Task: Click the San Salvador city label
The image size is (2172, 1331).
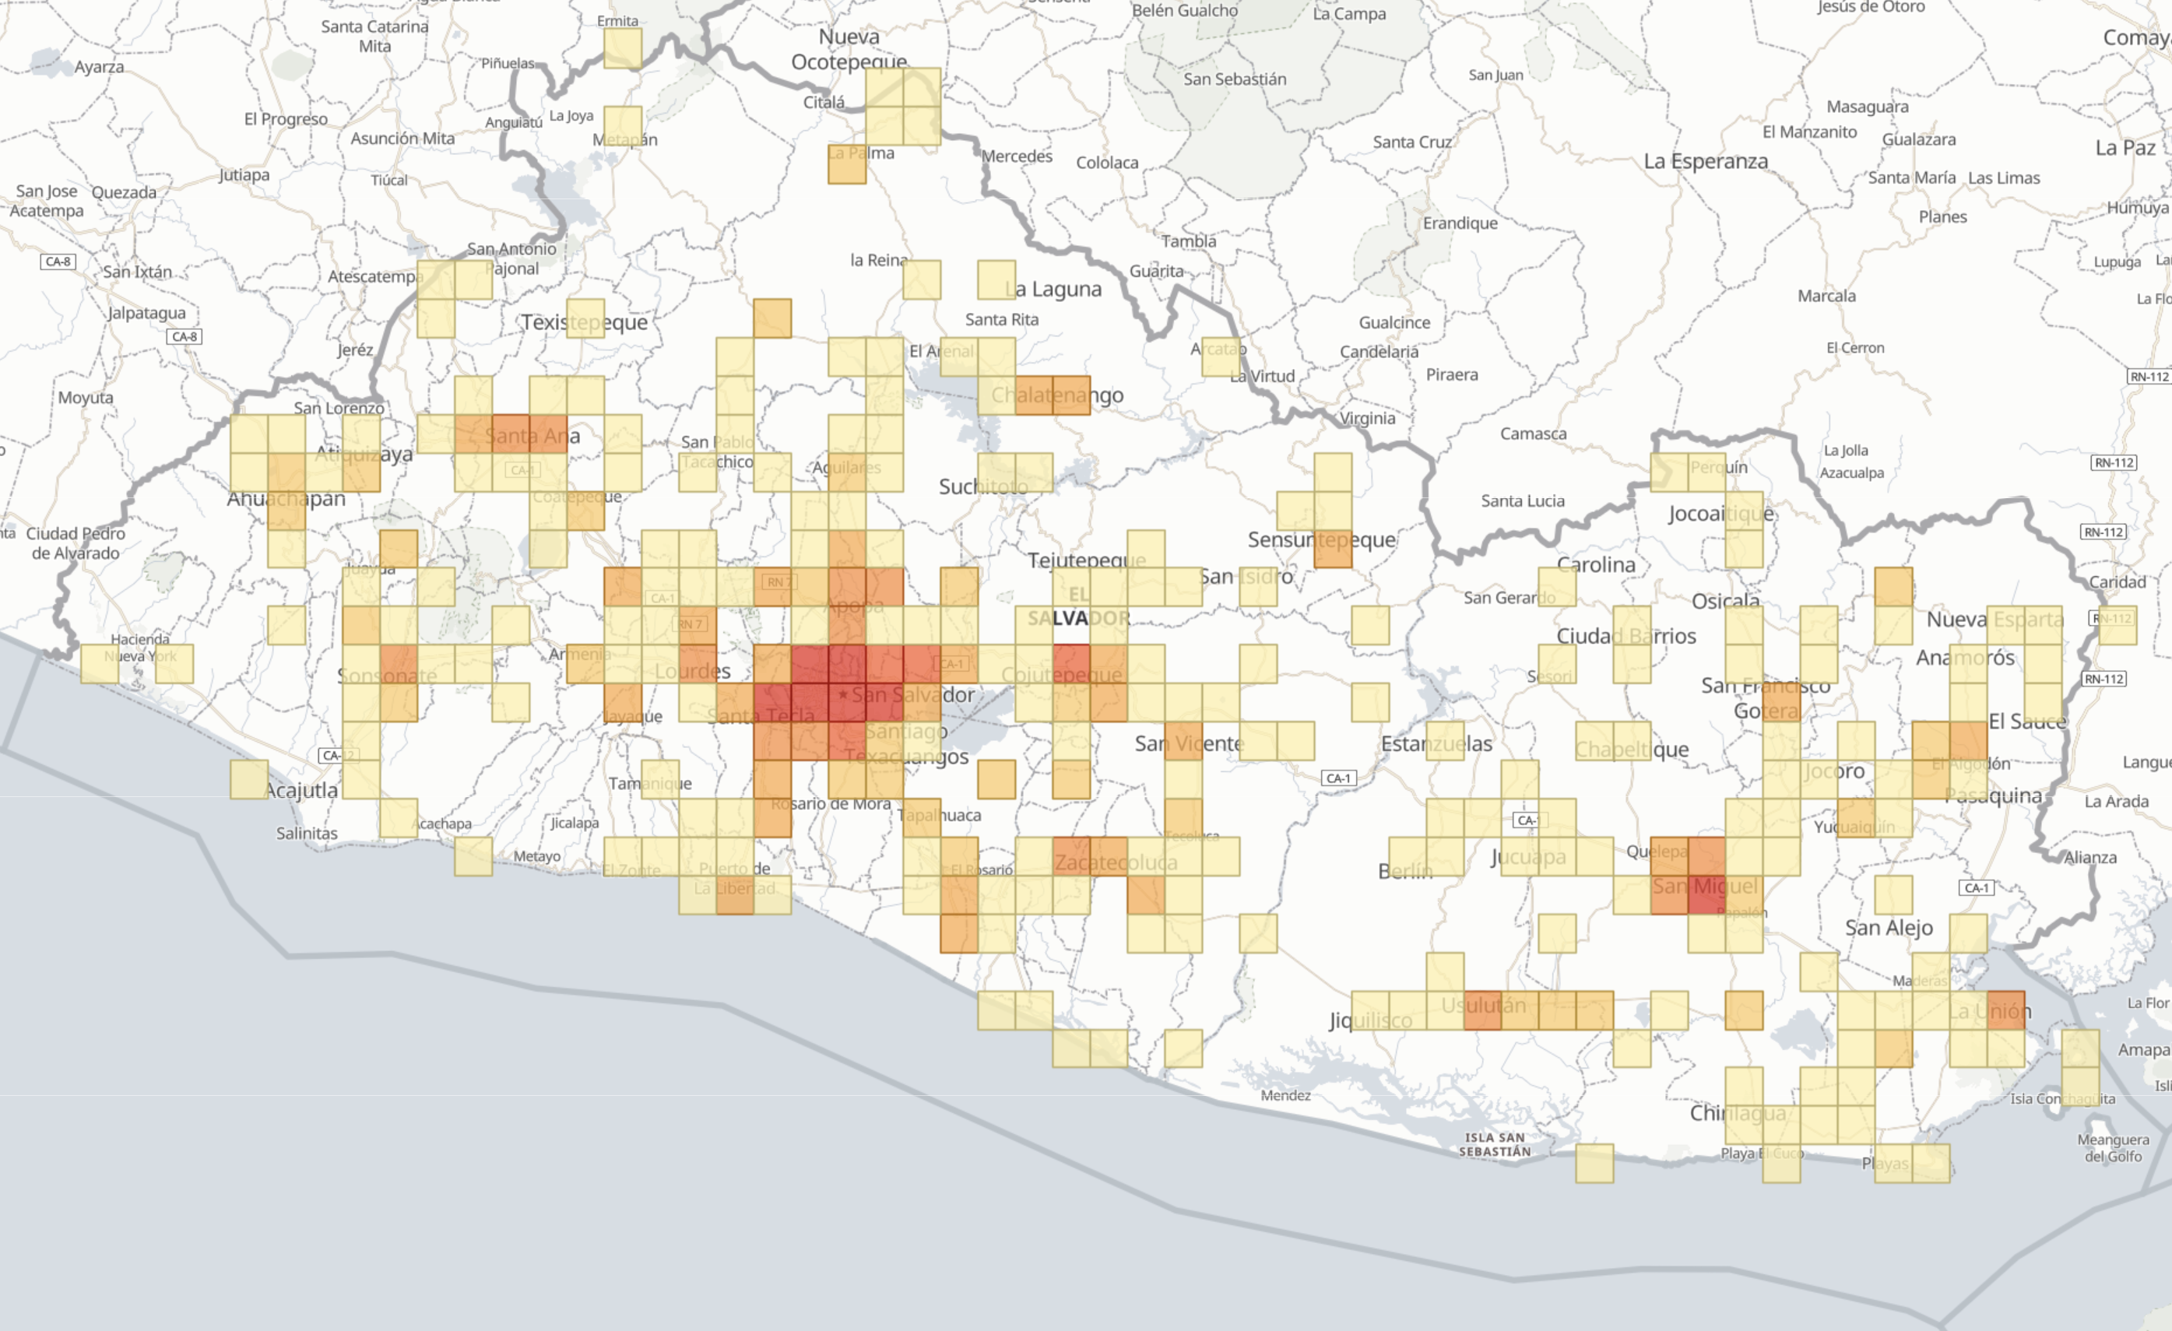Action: tap(912, 694)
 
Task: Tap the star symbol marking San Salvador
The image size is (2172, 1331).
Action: tap(842, 694)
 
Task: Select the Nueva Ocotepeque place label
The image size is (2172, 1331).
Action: tap(849, 49)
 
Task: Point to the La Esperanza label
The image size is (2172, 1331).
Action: tap(1706, 161)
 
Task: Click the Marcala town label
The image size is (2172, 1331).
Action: tap(1826, 297)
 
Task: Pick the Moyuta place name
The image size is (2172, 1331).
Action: tap(86, 398)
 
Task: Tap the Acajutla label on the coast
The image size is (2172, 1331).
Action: tap(301, 791)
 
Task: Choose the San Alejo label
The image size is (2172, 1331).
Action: tap(1889, 927)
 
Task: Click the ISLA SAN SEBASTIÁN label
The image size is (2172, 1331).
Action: tap(1494, 1144)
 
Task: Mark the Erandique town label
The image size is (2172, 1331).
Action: tap(1460, 223)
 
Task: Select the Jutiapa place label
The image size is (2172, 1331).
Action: tap(244, 174)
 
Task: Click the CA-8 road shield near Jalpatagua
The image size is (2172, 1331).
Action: tap(185, 337)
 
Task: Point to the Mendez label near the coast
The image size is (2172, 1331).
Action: tap(1285, 1096)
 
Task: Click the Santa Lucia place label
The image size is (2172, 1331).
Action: tap(1522, 500)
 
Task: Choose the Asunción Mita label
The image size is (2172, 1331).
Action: tap(402, 139)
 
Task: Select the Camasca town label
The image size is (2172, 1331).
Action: tap(1533, 434)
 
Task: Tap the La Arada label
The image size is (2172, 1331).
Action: tap(2117, 801)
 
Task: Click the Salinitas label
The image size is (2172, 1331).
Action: tap(307, 833)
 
